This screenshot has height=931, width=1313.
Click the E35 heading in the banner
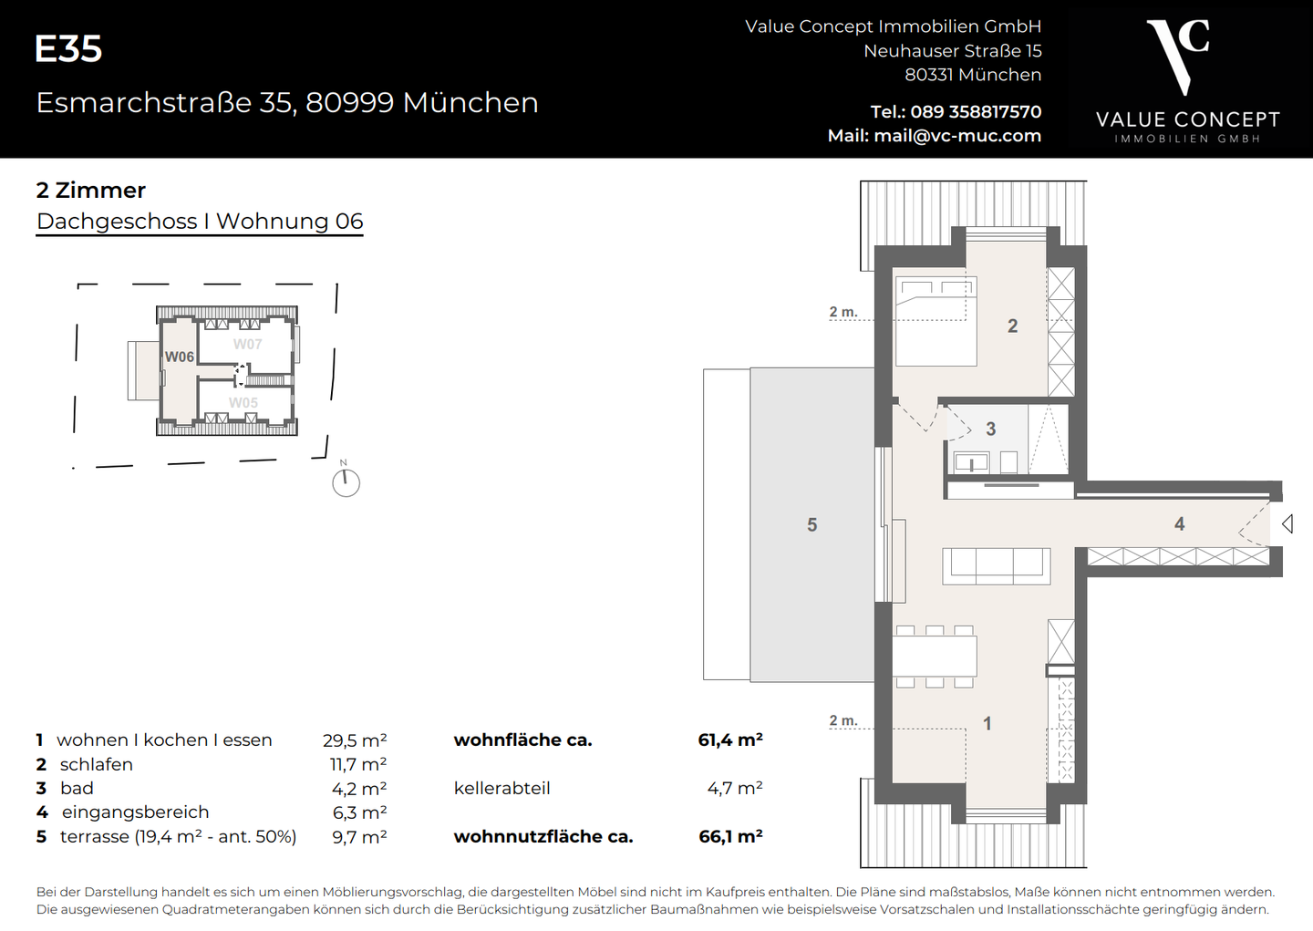[68, 49]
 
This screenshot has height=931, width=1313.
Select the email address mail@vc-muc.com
[956, 136]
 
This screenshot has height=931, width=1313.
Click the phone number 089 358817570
[975, 111]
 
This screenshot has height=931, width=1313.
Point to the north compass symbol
[346, 481]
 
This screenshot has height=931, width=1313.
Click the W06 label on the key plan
[180, 357]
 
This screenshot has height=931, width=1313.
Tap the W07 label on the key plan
[247, 344]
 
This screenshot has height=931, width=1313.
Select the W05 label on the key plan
[243, 402]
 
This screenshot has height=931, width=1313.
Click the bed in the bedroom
[936, 321]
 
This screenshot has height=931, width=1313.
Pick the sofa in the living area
[996, 565]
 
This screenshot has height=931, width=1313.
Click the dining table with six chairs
[935, 656]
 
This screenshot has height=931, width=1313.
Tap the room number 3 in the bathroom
[990, 429]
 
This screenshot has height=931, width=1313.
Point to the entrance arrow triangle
[1287, 523]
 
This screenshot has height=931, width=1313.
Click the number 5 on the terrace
[812, 524]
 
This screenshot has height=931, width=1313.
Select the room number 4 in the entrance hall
[1179, 523]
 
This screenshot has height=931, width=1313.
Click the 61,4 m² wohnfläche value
[729, 740]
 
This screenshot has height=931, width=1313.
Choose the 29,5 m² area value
[355, 740]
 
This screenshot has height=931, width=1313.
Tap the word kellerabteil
[501, 788]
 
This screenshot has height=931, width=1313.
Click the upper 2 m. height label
[843, 312]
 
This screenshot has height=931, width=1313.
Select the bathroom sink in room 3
[971, 462]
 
